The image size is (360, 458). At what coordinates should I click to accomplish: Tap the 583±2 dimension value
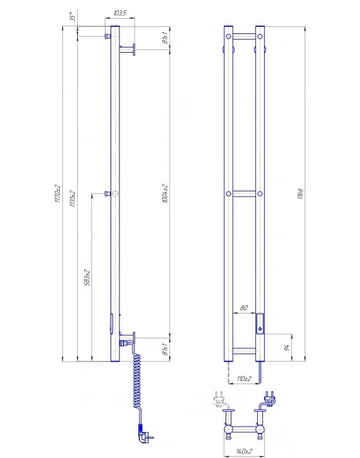click(x=87, y=277)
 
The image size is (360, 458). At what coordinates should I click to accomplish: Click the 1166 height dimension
click(x=300, y=193)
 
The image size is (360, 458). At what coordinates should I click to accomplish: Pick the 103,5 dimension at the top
click(x=119, y=13)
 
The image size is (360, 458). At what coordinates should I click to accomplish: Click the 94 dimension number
click(x=287, y=348)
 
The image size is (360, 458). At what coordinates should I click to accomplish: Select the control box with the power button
click(x=260, y=322)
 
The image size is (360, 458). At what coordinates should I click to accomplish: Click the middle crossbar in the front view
click(x=244, y=193)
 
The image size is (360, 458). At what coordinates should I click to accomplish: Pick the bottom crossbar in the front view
click(x=244, y=351)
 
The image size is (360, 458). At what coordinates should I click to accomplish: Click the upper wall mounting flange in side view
click(x=134, y=49)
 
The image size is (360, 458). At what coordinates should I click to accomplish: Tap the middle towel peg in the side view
click(x=111, y=193)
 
